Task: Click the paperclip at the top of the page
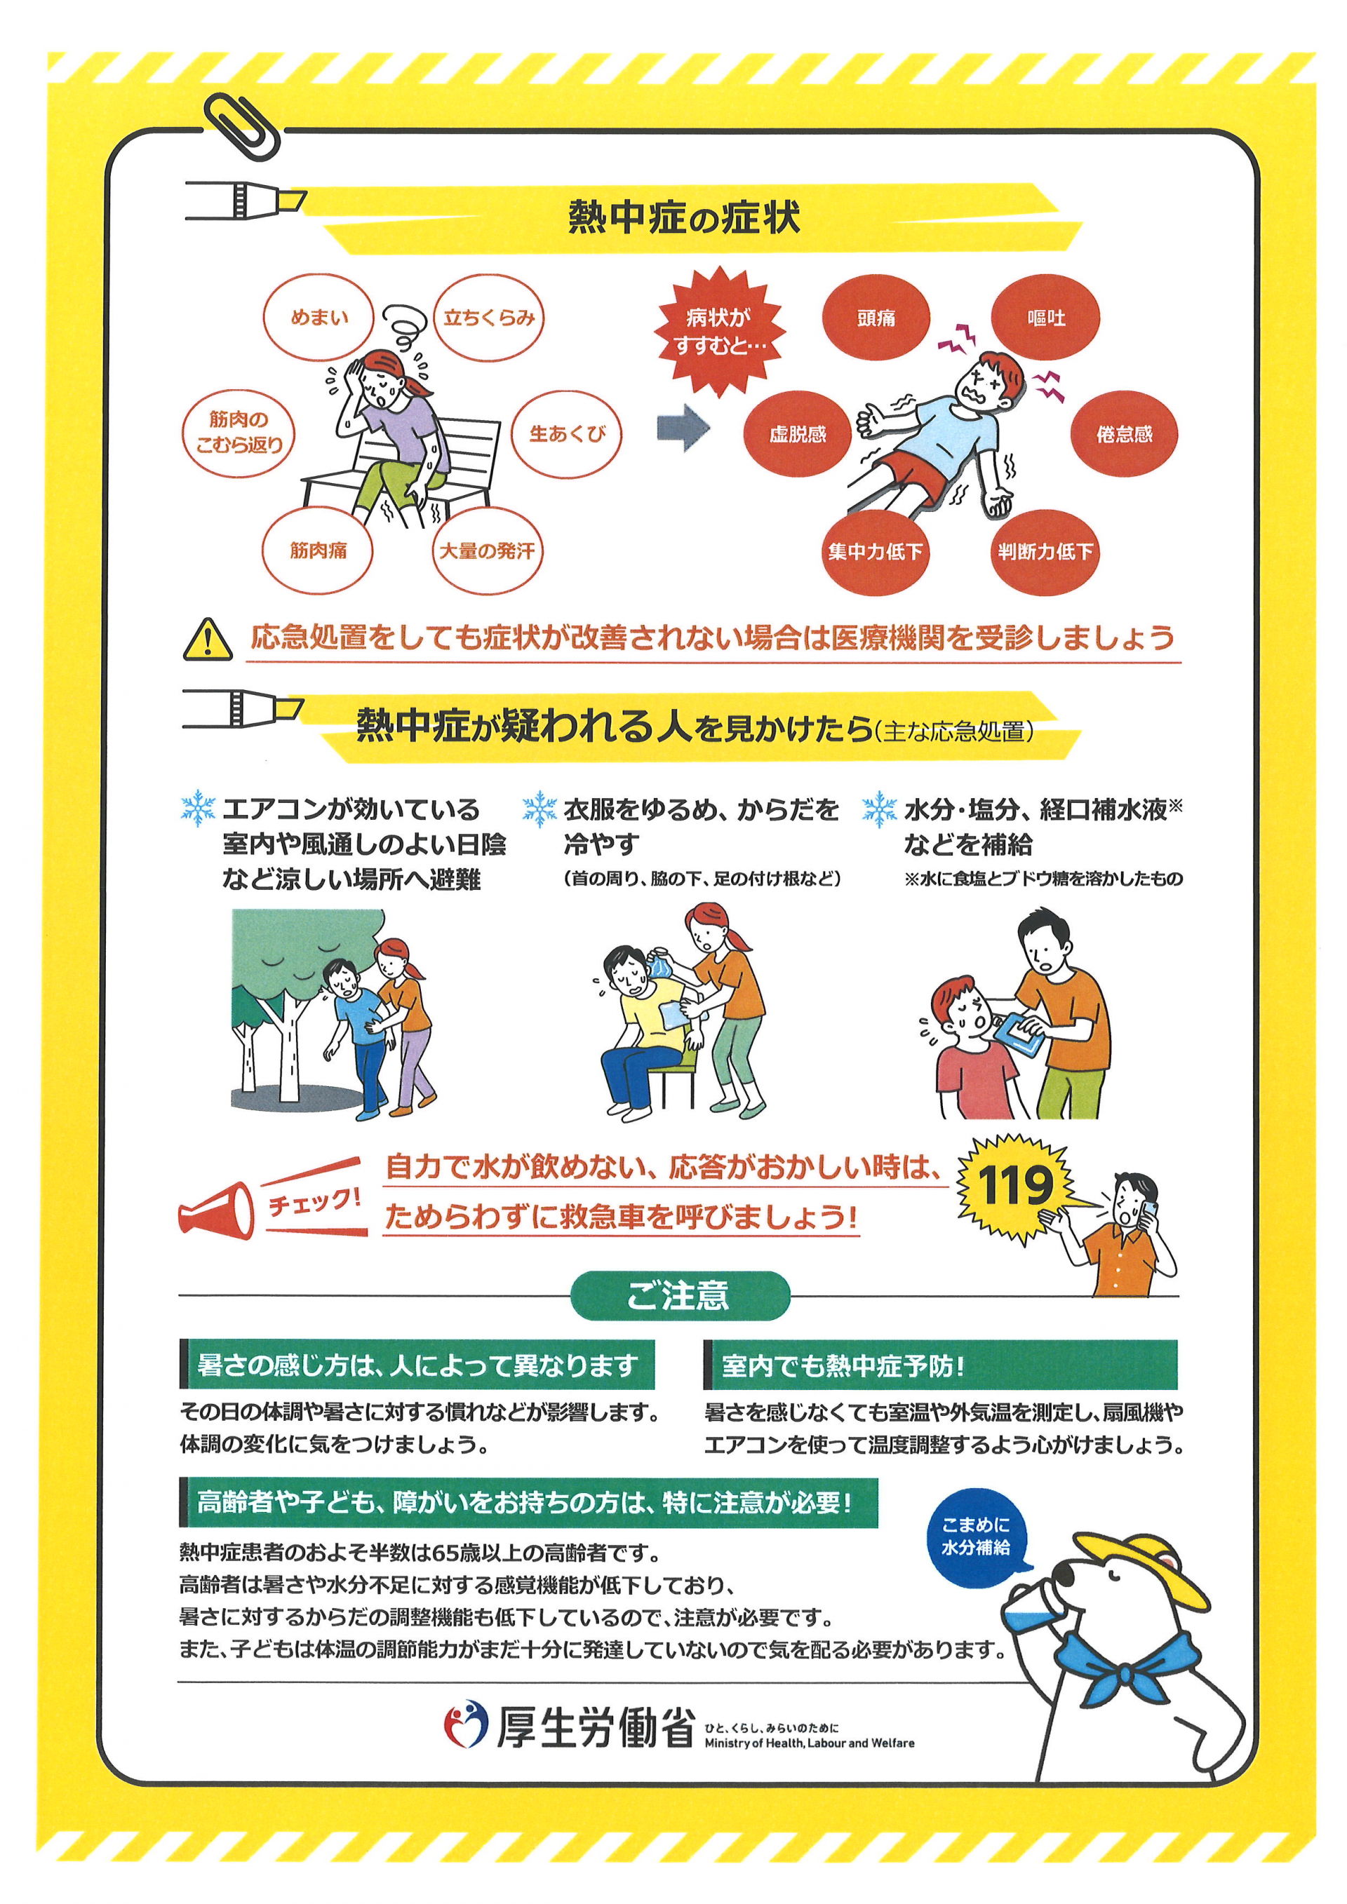click(242, 126)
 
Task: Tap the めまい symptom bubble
click(319, 318)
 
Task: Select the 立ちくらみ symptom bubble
click(488, 318)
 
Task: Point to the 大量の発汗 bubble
click(487, 551)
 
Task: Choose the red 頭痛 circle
click(876, 318)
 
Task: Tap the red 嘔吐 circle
click(1046, 318)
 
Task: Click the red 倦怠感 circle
click(1124, 433)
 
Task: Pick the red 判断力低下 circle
click(1045, 551)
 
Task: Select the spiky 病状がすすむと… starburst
click(718, 332)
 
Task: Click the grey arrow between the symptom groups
click(683, 428)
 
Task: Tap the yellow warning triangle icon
click(208, 640)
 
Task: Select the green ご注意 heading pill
click(679, 1295)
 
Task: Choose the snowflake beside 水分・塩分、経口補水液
click(879, 809)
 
